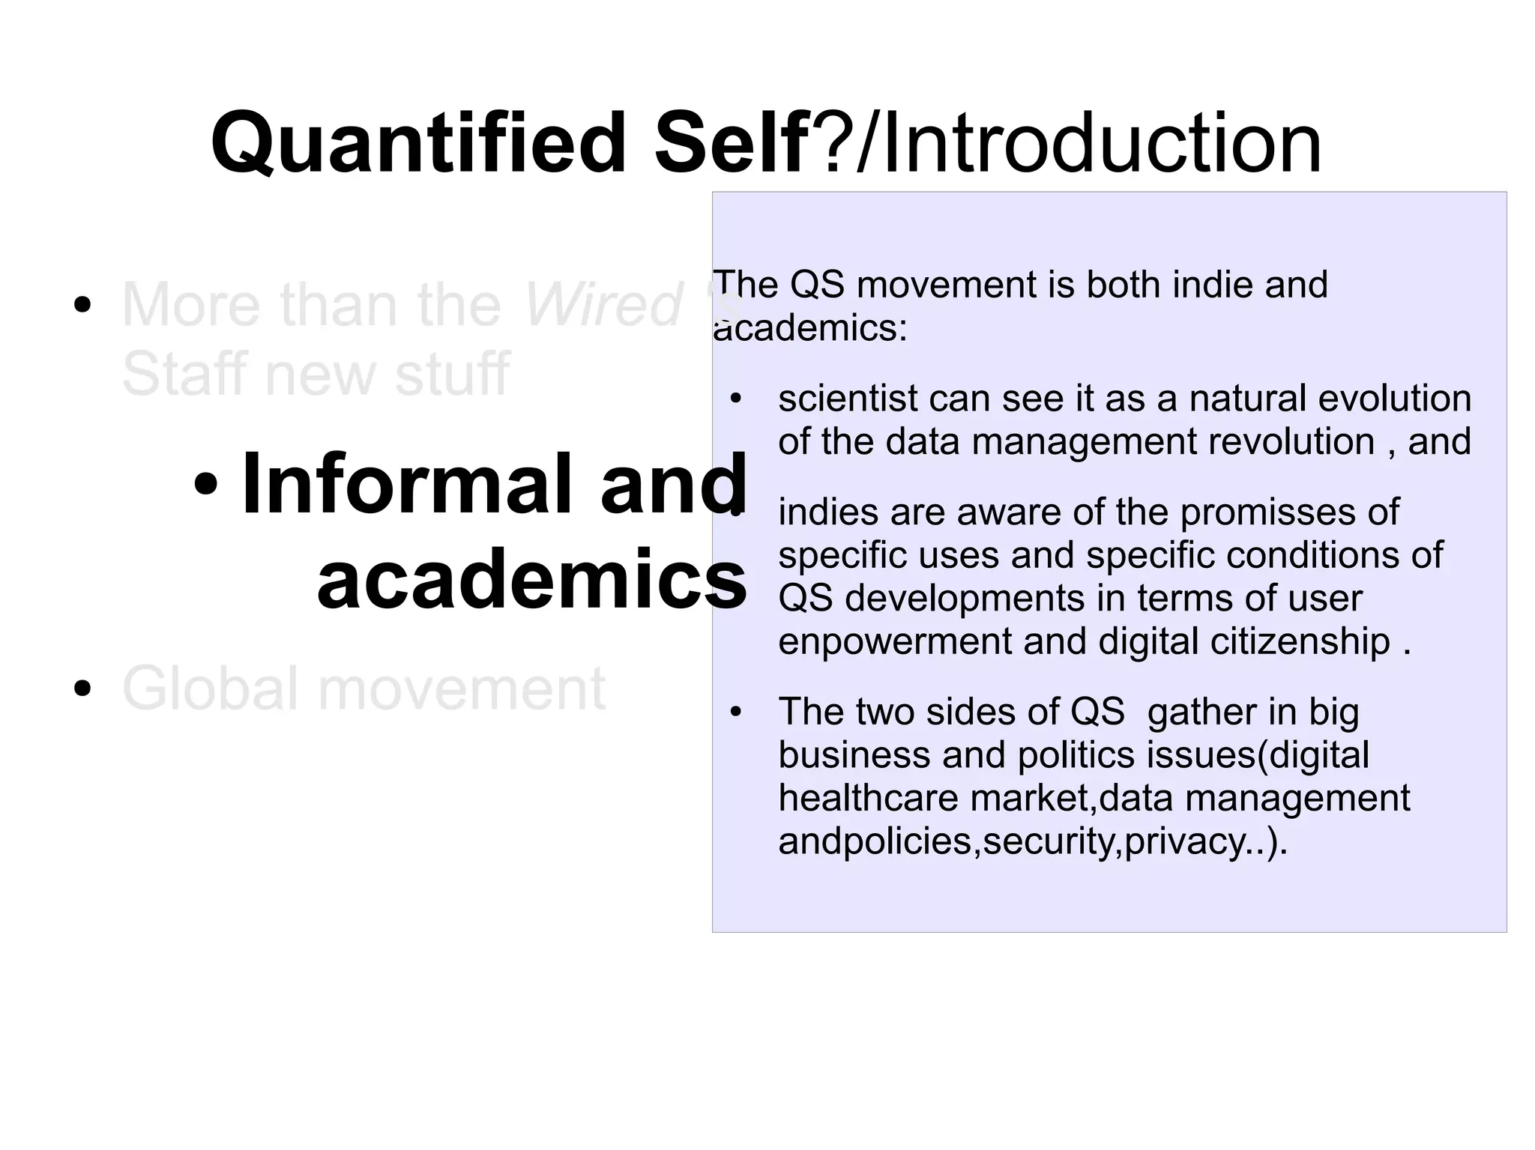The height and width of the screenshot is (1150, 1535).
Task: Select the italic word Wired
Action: tap(602, 305)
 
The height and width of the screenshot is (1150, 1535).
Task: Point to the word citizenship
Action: tap(1300, 642)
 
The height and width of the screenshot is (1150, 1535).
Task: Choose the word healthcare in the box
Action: tap(868, 798)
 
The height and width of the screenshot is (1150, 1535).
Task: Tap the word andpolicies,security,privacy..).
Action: tap(1032, 841)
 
